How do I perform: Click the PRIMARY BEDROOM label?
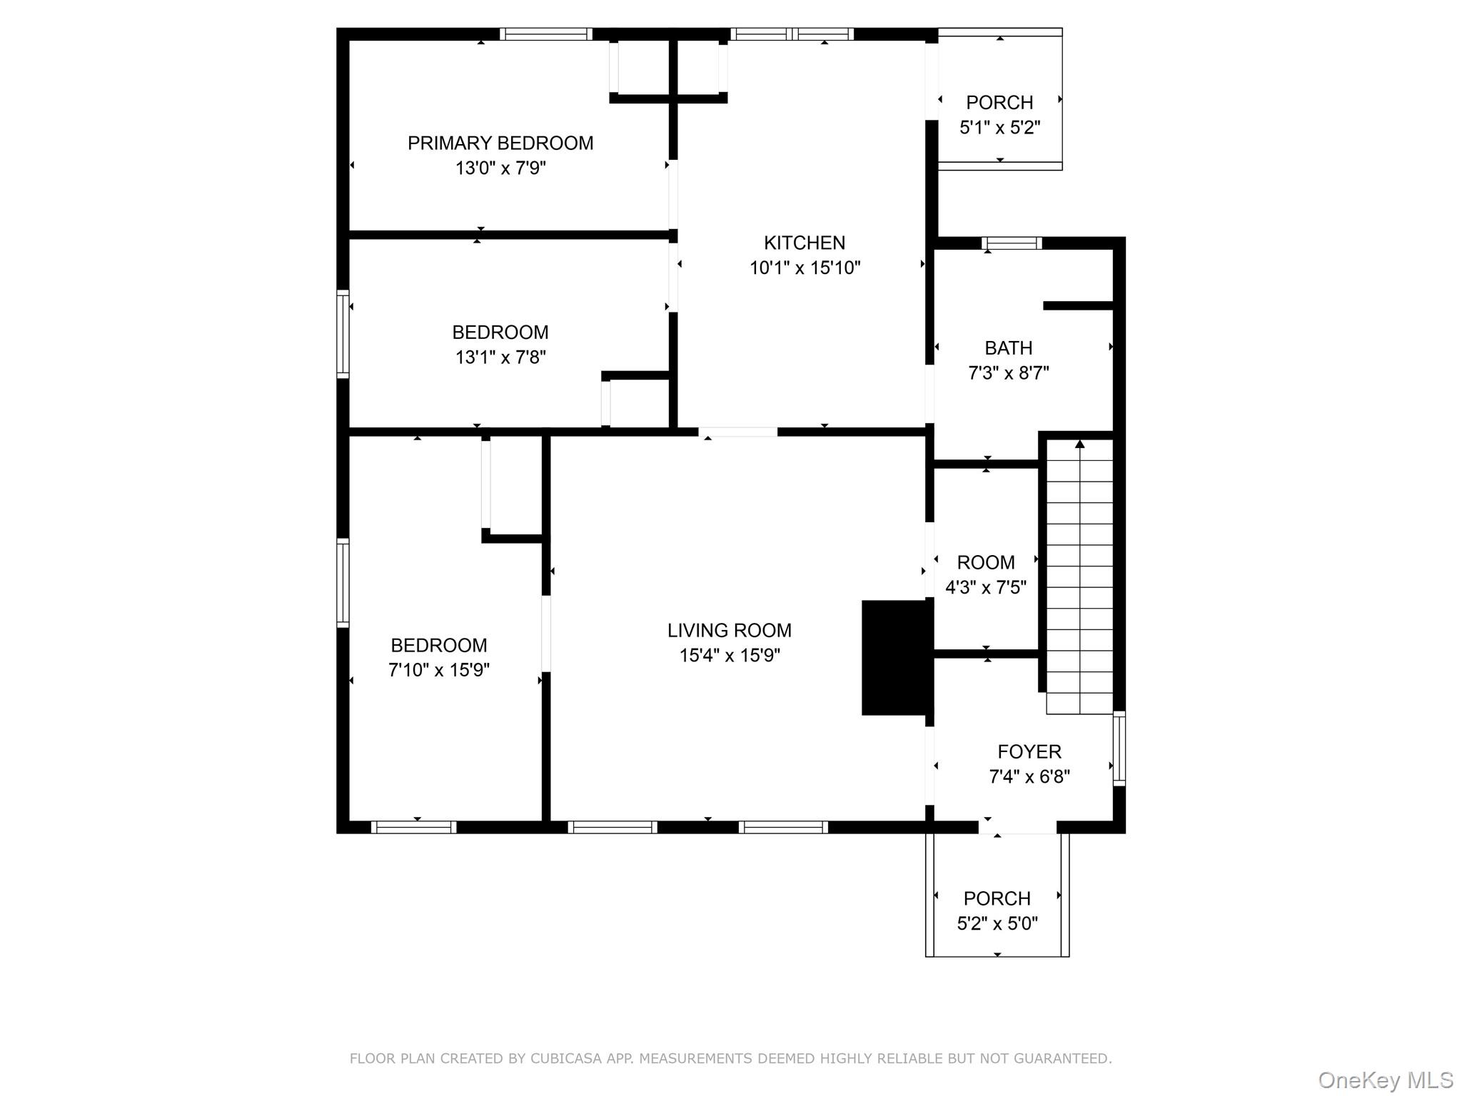(500, 143)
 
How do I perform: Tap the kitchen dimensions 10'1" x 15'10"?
(805, 268)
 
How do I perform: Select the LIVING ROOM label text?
(729, 631)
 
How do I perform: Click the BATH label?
(1008, 348)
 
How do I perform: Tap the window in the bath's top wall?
(1012, 243)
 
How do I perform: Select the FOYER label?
(1029, 751)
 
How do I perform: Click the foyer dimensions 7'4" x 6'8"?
(1029, 777)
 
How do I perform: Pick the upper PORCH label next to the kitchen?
(999, 103)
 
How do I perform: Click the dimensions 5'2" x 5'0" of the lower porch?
(997, 924)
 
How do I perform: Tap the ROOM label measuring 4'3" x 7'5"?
(985, 563)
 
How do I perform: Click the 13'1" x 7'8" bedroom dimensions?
(500, 357)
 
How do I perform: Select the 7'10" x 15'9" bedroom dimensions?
(438, 671)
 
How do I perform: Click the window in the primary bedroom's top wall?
(545, 34)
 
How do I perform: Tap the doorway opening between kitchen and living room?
(737, 432)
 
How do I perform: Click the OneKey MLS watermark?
(1385, 1080)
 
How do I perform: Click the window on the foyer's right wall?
(1119, 749)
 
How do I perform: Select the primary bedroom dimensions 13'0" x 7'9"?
(500, 168)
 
